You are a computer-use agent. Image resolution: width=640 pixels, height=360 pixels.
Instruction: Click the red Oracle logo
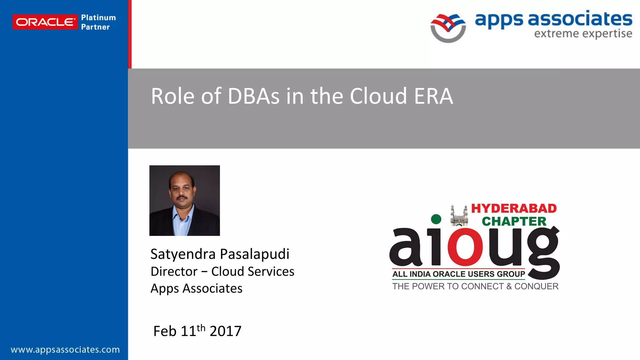tap(45, 22)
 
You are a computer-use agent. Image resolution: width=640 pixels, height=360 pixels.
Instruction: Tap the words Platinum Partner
tap(98, 22)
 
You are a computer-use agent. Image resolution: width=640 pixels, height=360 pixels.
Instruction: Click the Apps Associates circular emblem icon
tap(448, 28)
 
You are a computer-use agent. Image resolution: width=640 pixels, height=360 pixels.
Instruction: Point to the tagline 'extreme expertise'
tap(583, 33)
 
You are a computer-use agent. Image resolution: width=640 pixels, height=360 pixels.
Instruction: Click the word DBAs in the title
tap(253, 96)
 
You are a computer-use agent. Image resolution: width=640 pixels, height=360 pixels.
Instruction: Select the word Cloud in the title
tap(378, 96)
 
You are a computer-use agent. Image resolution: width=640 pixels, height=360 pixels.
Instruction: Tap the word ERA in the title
tap(433, 96)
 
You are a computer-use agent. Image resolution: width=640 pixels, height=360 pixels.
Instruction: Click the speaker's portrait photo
tap(185, 200)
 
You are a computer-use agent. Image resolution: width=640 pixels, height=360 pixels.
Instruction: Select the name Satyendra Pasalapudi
tap(220, 254)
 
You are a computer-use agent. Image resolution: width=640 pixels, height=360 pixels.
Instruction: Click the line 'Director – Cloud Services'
tap(222, 271)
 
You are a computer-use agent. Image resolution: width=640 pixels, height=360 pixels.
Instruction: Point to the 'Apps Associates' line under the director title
tap(196, 288)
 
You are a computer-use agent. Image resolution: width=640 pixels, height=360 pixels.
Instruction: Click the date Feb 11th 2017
tap(197, 331)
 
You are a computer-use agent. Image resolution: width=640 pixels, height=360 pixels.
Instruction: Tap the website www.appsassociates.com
tap(65, 349)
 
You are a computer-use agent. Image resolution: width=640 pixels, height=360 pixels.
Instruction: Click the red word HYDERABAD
tap(514, 208)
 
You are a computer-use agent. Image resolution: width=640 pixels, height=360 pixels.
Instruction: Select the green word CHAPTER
tap(514, 221)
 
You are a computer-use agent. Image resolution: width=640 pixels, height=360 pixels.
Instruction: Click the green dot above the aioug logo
tap(436, 219)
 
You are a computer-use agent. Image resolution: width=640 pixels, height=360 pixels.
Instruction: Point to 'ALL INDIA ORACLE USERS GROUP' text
tap(458, 274)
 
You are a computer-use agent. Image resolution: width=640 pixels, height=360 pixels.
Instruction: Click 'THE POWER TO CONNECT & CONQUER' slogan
tap(475, 286)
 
